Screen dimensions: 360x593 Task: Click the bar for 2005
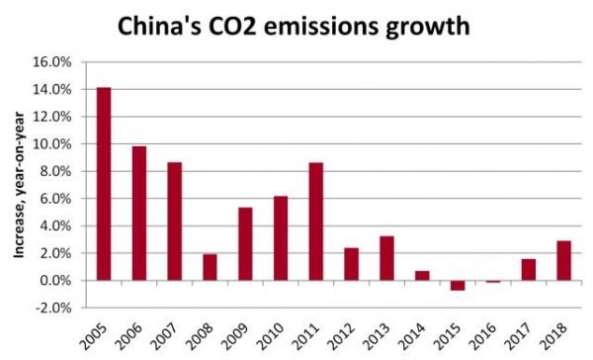click(104, 184)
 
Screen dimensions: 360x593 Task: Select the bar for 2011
click(315, 222)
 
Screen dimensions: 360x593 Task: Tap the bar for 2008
click(210, 267)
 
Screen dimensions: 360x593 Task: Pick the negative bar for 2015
click(457, 286)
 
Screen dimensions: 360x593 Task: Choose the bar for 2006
click(139, 214)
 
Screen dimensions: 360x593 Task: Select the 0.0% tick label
click(56, 281)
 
